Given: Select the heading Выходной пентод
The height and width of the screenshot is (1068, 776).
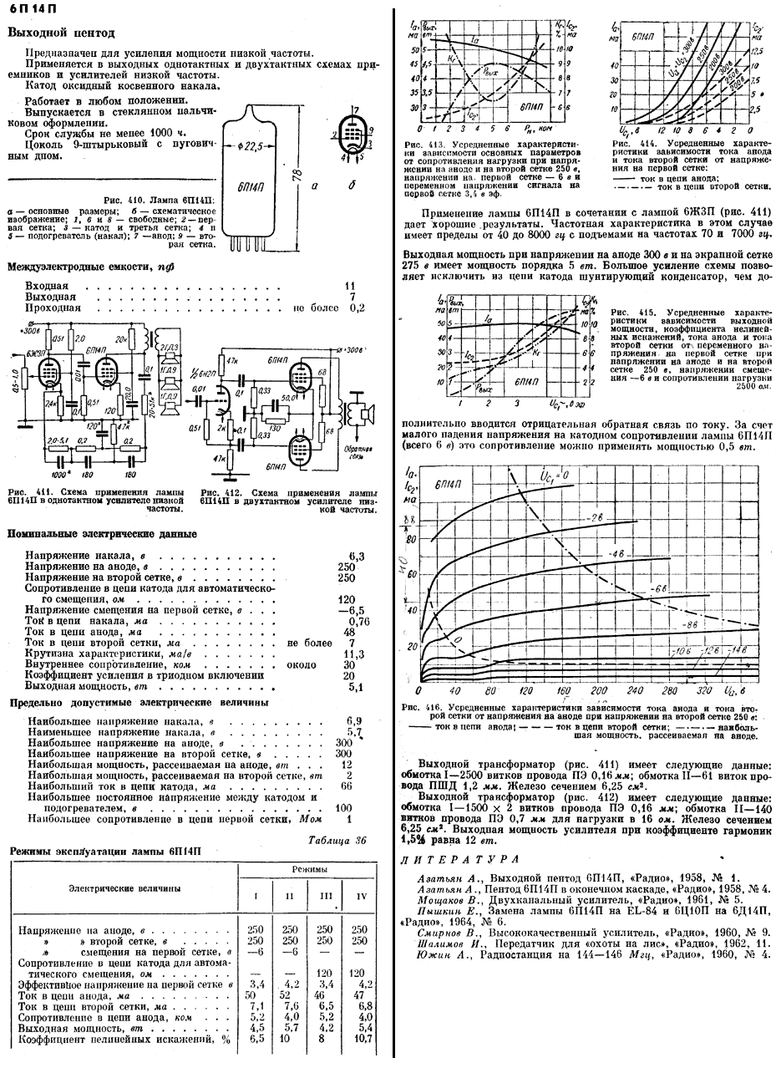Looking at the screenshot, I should pos(61,33).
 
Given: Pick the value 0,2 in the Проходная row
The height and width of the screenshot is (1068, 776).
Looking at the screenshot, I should pos(358,308).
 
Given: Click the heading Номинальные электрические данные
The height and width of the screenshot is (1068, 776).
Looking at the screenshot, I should pos(102,534).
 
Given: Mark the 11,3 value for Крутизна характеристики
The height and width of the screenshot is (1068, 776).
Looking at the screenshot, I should pos(356,654).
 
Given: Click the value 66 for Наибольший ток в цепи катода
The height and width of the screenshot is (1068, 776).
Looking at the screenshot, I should pos(347,786).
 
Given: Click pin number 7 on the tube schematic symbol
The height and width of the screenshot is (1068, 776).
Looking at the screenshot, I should pos(357,109).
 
